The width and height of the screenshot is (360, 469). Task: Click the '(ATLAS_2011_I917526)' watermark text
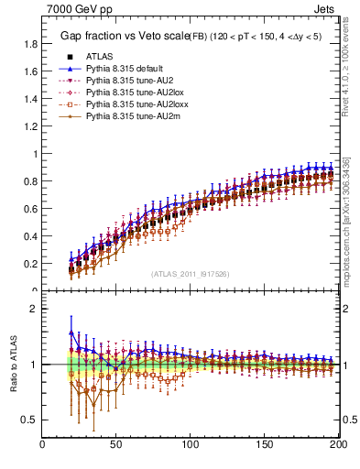[191, 273]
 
